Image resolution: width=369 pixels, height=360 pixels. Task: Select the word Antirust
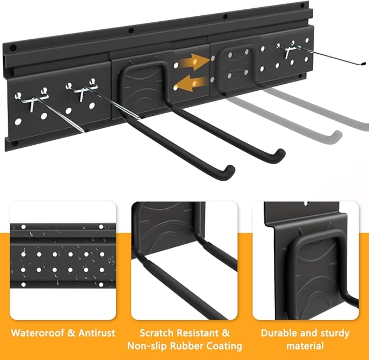(x=96, y=332)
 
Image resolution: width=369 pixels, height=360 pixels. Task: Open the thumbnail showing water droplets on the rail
(x=62, y=260)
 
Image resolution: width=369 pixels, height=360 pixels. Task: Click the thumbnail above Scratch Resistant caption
(x=184, y=260)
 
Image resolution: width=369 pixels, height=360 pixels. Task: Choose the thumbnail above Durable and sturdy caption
(x=305, y=260)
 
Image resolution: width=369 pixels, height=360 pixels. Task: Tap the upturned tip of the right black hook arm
(x=279, y=154)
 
